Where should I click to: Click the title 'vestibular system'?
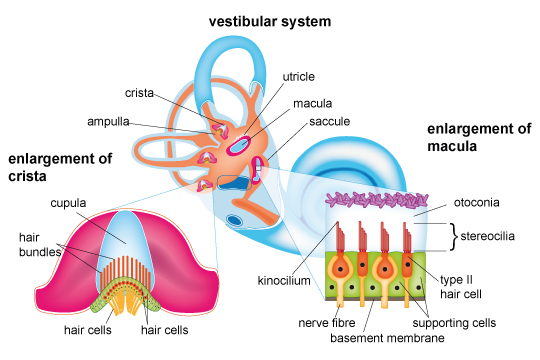click(270, 21)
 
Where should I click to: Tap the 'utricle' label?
click(299, 76)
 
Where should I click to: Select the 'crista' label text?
click(139, 93)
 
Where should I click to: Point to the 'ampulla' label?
click(108, 122)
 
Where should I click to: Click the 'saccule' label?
click(330, 122)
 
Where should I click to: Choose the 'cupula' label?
click(68, 203)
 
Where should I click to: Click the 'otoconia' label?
click(476, 203)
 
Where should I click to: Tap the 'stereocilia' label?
click(487, 236)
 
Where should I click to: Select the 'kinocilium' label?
click(284, 281)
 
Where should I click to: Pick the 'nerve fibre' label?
click(326, 323)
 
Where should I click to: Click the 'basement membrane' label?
click(387, 338)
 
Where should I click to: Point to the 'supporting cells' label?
click(454, 323)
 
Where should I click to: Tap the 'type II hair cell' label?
click(461, 287)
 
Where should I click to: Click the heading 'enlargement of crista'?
click(60, 167)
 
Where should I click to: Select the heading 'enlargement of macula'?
click(479, 137)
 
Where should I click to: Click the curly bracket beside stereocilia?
click(454, 236)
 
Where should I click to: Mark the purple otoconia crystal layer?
click(377, 200)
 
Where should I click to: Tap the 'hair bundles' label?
click(40, 245)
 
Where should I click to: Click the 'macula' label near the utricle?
click(313, 104)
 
